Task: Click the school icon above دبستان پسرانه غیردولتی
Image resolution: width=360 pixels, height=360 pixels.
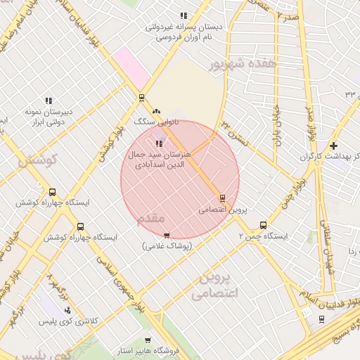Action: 184,15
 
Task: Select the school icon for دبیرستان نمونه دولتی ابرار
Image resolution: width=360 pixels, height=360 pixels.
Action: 49,101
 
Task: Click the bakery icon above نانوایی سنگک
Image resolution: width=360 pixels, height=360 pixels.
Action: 156,111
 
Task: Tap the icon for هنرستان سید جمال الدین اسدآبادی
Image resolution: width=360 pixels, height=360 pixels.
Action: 157,143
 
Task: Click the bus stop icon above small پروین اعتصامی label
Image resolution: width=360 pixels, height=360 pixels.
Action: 223,198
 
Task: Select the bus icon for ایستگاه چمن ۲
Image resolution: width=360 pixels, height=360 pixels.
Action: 263,226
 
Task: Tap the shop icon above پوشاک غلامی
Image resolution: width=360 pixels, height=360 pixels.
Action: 167,236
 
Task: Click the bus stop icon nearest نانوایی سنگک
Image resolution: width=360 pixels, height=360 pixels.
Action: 142,98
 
